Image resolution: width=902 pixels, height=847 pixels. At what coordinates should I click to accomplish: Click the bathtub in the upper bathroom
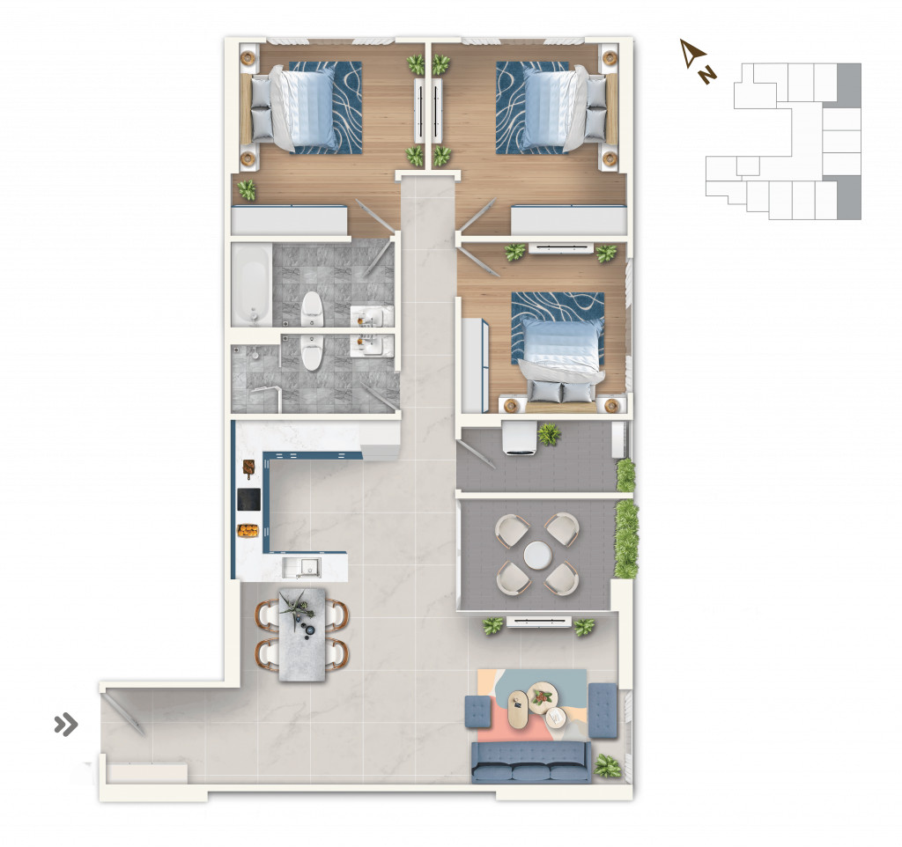click(x=252, y=285)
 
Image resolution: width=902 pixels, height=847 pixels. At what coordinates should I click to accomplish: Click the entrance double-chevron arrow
click(x=65, y=725)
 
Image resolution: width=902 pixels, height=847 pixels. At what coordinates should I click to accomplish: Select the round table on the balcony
click(x=537, y=555)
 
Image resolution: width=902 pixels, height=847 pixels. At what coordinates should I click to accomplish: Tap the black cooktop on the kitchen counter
click(x=249, y=499)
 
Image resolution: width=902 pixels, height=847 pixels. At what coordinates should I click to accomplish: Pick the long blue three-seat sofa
click(x=531, y=762)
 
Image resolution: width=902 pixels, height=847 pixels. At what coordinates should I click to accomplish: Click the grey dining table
click(x=302, y=634)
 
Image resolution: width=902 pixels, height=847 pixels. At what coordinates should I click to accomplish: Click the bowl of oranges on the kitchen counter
click(x=248, y=530)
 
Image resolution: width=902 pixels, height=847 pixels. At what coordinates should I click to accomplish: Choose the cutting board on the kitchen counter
click(x=249, y=468)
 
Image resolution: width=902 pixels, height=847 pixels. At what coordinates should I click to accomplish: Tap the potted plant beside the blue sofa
click(x=608, y=766)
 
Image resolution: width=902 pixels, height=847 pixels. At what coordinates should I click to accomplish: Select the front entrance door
click(x=123, y=713)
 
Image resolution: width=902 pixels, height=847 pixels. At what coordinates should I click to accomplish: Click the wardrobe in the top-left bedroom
click(x=289, y=220)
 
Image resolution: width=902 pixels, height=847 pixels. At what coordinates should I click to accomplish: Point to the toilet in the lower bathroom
click(x=311, y=352)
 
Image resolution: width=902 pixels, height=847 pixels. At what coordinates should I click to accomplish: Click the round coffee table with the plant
click(x=543, y=697)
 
